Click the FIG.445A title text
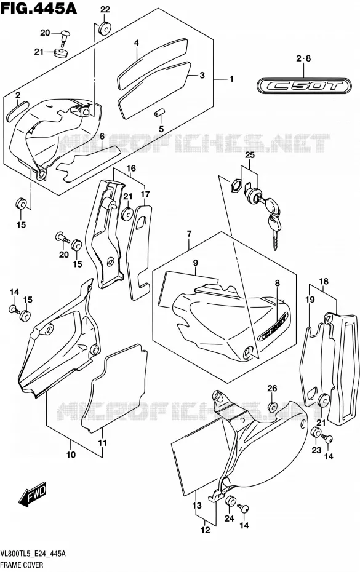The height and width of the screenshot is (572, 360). pyautogui.click(x=39, y=7)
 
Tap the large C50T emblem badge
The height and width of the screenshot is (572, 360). pyautogui.click(x=303, y=86)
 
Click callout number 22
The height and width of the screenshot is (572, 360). pyautogui.click(x=105, y=10)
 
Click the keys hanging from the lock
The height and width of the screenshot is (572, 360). pyautogui.click(x=274, y=221)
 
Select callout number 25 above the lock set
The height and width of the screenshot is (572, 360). pyautogui.click(x=250, y=154)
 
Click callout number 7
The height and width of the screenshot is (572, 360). pyautogui.click(x=189, y=234)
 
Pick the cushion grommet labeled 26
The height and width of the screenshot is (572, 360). pyautogui.click(x=273, y=407)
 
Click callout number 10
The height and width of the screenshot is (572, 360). pyautogui.click(x=71, y=455)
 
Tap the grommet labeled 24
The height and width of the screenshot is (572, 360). pyautogui.click(x=230, y=502)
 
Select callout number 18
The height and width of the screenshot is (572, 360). pyautogui.click(x=324, y=281)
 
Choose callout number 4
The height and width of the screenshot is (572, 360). pyautogui.click(x=136, y=43)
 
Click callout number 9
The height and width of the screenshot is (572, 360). pyautogui.click(x=196, y=262)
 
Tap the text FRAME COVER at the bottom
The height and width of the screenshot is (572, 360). pyautogui.click(x=22, y=565)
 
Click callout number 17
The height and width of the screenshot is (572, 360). pyautogui.click(x=145, y=194)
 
